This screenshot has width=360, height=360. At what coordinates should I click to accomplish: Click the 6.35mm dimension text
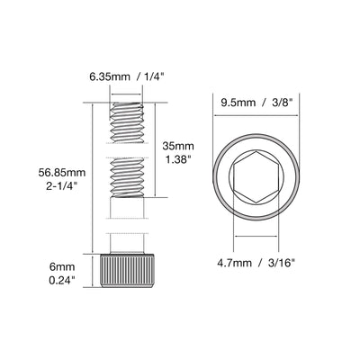110,76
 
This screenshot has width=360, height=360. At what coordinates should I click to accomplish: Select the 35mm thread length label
178,147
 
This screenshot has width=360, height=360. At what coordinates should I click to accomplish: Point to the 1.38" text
178,159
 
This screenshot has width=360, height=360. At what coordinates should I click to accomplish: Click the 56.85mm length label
62,173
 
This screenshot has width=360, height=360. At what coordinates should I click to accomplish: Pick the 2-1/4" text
62,185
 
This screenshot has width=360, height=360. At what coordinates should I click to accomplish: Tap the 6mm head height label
62,266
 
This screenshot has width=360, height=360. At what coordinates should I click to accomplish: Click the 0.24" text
62,280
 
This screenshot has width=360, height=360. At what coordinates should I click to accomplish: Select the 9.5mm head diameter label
238,103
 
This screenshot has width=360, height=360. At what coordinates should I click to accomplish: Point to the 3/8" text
281,103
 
